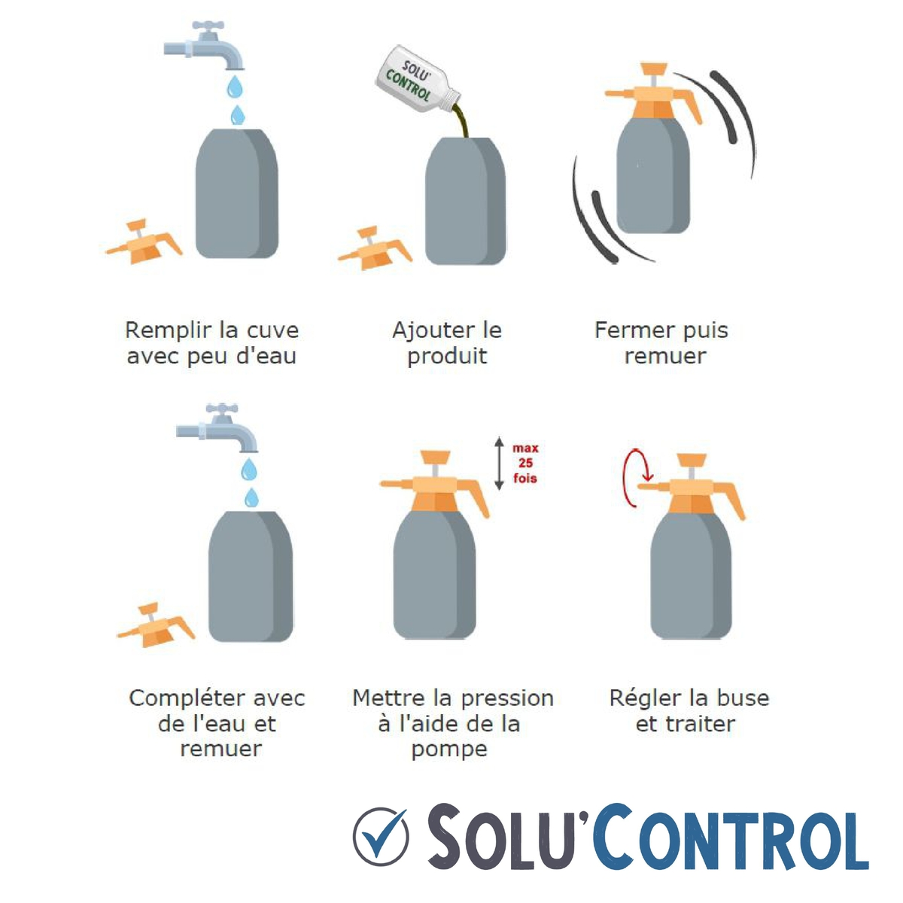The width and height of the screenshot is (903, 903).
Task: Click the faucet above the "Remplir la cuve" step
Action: click(x=206, y=45)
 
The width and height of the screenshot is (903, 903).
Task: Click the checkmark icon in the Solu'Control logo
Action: click(x=381, y=836)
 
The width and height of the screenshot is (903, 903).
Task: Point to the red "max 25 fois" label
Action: click(x=525, y=464)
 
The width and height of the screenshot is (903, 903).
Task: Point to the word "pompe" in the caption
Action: click(x=449, y=750)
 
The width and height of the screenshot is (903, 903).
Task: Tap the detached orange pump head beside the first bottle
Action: click(x=143, y=242)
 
